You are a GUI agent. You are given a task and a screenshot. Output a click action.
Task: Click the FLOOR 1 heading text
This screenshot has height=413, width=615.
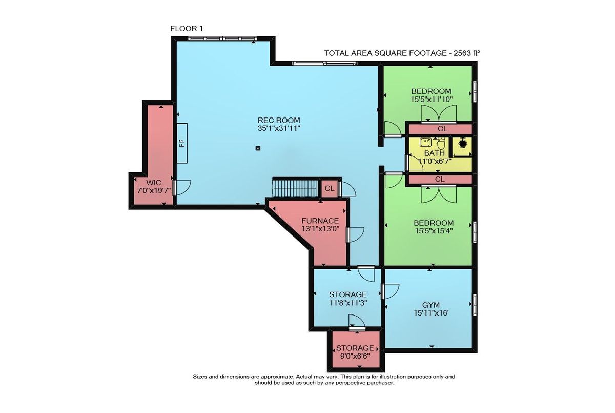pyautogui.click(x=187, y=29)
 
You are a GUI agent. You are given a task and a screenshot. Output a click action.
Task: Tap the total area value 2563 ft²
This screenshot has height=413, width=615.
pyautogui.click(x=466, y=53)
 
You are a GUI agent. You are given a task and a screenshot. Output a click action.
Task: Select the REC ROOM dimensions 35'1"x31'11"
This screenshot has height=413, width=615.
pyautogui.click(x=279, y=128)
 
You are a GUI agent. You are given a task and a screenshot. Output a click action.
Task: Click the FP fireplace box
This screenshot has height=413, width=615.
pyautogui.click(x=182, y=143)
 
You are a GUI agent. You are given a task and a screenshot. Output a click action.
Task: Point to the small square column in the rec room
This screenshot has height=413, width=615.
pyautogui.click(x=258, y=148)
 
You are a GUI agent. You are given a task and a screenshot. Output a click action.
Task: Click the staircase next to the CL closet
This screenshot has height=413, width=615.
pyautogui.click(x=295, y=188)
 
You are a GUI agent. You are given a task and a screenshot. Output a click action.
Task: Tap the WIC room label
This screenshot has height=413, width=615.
pyautogui.click(x=154, y=183)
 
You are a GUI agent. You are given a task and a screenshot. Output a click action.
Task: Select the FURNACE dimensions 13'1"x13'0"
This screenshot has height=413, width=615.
pyautogui.click(x=320, y=228)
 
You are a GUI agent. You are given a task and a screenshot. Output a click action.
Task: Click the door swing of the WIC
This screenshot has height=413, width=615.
pyautogui.click(x=182, y=188)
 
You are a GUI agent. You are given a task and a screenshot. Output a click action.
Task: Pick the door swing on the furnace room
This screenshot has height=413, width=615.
pyautogui.click(x=356, y=234)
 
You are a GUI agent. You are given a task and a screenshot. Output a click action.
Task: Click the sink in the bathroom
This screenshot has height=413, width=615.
pyautogui.click(x=425, y=142)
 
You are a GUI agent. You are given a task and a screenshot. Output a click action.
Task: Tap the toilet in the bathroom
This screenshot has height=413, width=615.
pyautogui.click(x=441, y=144)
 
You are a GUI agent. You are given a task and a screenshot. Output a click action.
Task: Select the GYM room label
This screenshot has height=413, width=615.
pyautogui.click(x=431, y=305)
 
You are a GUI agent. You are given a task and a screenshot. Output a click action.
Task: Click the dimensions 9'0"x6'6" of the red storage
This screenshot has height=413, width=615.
pyautogui.click(x=355, y=356)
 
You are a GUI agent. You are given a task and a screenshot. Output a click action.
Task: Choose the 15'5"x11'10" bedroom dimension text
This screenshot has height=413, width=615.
pyautogui.click(x=432, y=99)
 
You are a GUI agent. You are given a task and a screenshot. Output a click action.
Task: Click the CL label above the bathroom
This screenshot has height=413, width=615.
pyautogui.click(x=442, y=129)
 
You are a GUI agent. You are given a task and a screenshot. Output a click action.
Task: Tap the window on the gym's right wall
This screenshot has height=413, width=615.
pyautogui.click(x=475, y=305)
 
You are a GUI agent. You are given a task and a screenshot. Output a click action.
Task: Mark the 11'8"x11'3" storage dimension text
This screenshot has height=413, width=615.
pyautogui.click(x=348, y=303)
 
